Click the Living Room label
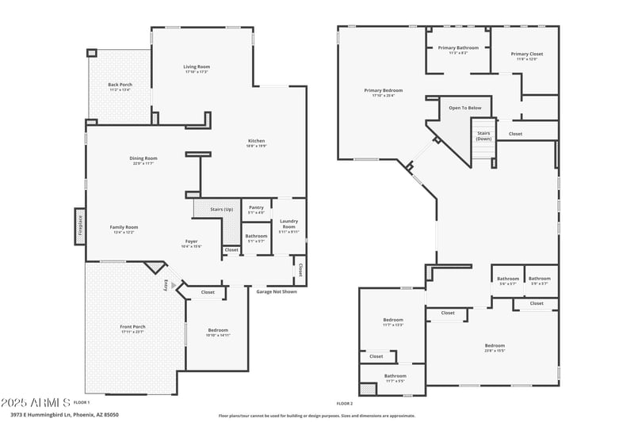coord(197,69)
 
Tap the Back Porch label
coord(120,86)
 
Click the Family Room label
coord(124,229)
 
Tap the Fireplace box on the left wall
coord(79,226)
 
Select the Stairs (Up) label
coord(221,209)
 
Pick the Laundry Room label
coord(288,226)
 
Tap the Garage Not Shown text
coord(277,291)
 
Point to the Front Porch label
coord(133,329)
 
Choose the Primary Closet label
coord(526,55)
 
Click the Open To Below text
coord(465,108)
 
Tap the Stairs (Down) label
coord(483,136)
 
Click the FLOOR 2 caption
coord(344,403)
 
